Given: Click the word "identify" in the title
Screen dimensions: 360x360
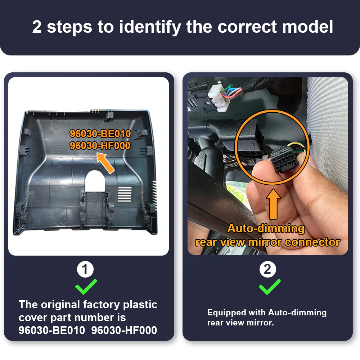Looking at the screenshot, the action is pos(150,27).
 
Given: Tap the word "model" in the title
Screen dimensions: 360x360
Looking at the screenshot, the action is pos(307,27).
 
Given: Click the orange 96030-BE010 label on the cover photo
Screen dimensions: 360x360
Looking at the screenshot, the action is pos(100,134).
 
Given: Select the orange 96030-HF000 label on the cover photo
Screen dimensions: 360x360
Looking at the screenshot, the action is pos(100,145).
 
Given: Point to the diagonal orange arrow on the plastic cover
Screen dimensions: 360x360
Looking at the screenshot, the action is pos(105,163).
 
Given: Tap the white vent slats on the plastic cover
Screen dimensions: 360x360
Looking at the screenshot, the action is pos(125,194).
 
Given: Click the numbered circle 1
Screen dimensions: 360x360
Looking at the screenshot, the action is pos(85,269).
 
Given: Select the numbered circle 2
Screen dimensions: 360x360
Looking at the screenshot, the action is pos(268,269).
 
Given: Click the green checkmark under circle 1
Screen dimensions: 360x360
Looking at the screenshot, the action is pos(86,287).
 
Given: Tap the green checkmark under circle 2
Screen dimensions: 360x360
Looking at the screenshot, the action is pos(269,287).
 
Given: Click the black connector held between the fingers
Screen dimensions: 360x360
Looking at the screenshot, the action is pos(285,159).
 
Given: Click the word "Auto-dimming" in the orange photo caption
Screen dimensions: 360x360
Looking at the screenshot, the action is pos(266,229).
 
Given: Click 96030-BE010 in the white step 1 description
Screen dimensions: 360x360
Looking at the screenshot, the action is pos(52,330).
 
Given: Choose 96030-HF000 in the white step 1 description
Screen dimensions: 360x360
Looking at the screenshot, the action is pos(124,330).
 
